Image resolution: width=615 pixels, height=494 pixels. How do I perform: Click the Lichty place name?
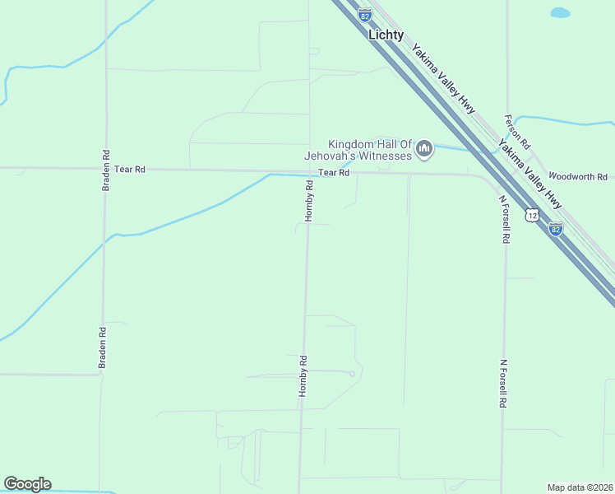[386, 35]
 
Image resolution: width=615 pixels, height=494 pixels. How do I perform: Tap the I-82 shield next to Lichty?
[365, 14]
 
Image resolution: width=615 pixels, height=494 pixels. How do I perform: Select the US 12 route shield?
[534, 215]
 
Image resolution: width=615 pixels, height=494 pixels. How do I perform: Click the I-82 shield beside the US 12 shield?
[556, 228]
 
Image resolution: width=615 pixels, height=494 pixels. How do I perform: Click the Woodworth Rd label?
[577, 177]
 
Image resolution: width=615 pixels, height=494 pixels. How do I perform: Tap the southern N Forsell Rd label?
[501, 384]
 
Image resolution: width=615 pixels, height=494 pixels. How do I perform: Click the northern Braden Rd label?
[105, 170]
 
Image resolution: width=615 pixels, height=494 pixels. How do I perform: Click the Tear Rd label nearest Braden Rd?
[130, 169]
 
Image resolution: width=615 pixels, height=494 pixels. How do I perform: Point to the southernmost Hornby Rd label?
[303, 376]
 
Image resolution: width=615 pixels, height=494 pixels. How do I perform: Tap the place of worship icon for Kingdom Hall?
[424, 149]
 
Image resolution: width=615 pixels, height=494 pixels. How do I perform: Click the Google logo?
[27, 484]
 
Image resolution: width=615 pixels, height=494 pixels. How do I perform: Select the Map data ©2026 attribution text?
[580, 487]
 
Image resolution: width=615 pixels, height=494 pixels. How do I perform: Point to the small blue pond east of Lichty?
[559, 13]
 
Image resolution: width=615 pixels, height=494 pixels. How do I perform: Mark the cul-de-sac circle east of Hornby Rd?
[352, 374]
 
